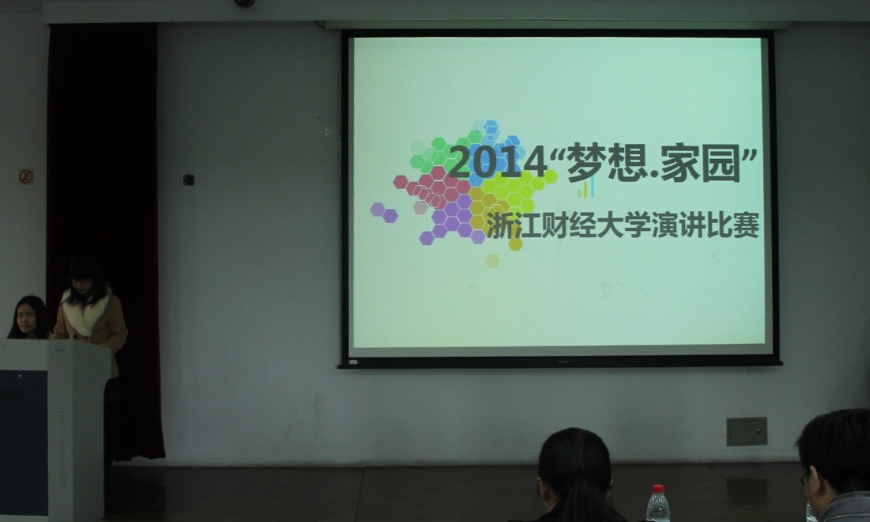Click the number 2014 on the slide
(497, 163)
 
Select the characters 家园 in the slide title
(701, 163)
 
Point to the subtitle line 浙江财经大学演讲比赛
(622, 225)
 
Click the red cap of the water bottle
(658, 489)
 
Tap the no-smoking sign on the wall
(26, 177)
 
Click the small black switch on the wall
(189, 180)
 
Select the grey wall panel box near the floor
(747, 432)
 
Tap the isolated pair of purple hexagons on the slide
(384, 213)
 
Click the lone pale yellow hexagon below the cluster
(493, 261)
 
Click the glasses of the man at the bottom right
(805, 476)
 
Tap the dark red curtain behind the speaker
(104, 222)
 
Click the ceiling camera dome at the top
(244, 3)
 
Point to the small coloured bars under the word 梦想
(585, 187)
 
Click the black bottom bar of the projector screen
(560, 363)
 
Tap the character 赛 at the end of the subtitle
(746, 225)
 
